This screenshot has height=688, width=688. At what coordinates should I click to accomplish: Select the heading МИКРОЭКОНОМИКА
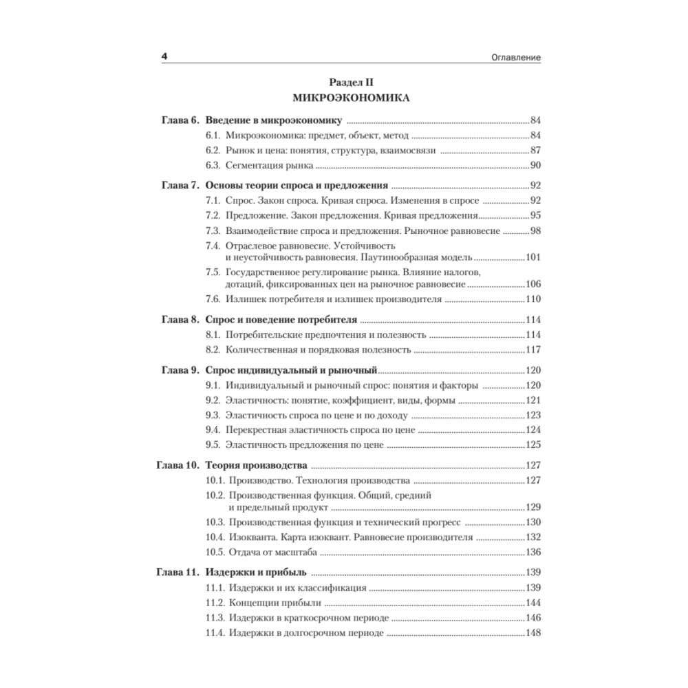click(351, 98)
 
